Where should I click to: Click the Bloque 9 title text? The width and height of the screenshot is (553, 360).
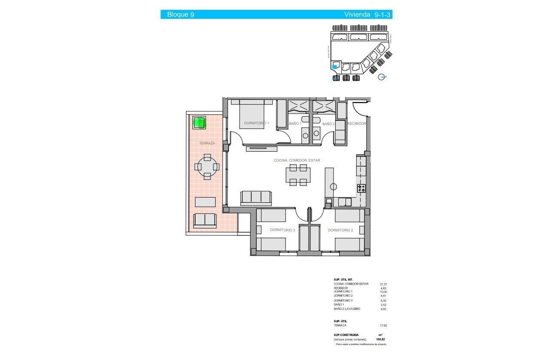pos(180,15)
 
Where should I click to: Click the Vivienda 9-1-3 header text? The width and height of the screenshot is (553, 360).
pos(368,15)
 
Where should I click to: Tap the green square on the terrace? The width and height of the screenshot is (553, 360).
pos(199,123)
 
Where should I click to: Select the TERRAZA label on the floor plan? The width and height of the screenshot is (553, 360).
pos(207,143)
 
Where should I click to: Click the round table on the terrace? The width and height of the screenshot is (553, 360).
pos(207,166)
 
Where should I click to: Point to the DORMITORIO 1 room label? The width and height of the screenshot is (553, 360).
pos(257,123)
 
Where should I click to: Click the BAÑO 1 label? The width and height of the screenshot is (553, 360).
pos(295,124)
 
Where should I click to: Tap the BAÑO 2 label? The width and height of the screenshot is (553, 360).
pos(328,124)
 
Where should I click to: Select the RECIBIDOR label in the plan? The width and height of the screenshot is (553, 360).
pos(357,123)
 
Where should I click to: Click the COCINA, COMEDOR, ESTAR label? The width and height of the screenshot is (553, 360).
pos(297,160)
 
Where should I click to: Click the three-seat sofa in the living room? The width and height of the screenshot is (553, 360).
pos(256,197)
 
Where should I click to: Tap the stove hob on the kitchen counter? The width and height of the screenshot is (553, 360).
pos(361,188)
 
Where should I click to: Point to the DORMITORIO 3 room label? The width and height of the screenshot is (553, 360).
pos(283,230)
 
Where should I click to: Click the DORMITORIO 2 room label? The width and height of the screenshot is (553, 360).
pos(340,230)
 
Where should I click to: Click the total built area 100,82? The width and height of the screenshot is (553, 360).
pos(381,339)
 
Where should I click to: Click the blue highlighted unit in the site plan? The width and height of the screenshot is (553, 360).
pos(335,66)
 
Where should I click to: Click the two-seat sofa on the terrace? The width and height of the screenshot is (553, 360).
pos(205,220)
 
